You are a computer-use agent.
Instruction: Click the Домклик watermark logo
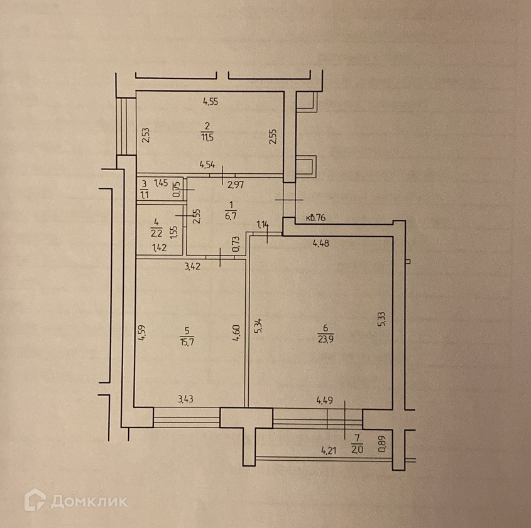coord(76,500)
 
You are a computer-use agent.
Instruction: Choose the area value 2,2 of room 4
coord(156,232)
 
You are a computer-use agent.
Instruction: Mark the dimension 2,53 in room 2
coord(145,136)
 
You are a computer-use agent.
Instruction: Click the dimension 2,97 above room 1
coord(235,184)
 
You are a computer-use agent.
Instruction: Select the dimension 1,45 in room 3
coord(161,183)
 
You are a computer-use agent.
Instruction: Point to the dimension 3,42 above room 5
coord(192,266)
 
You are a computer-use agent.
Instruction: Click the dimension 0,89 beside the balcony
coord(381,444)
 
